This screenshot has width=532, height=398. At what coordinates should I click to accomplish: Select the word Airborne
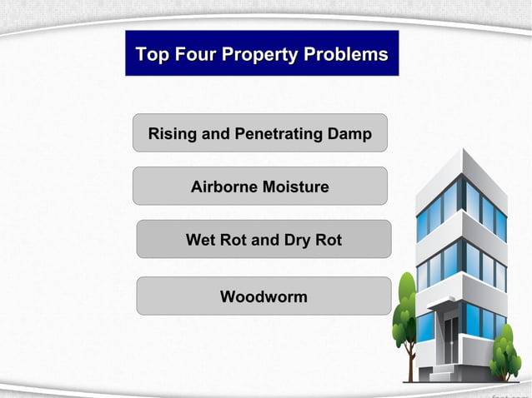(x=224, y=187)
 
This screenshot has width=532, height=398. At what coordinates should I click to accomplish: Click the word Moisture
(x=296, y=187)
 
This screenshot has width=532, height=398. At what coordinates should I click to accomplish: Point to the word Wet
(x=201, y=240)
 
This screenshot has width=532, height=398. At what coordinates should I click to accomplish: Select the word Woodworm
(x=263, y=296)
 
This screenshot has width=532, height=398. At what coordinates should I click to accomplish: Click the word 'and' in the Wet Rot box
(x=264, y=240)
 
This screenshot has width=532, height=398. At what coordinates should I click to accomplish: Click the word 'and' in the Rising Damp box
(x=216, y=133)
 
